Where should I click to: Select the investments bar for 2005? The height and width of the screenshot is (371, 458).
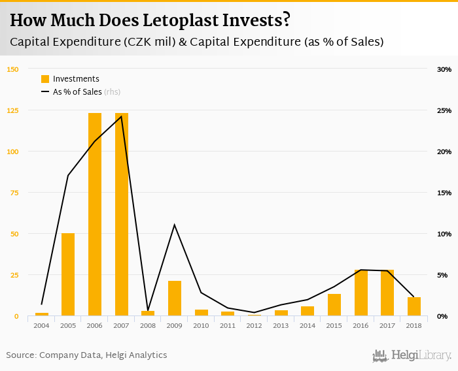click(x=68, y=274)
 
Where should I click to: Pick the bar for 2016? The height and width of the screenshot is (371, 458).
click(x=361, y=293)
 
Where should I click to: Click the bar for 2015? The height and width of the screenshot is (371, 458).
click(x=334, y=305)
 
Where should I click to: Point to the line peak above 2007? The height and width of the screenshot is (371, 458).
click(x=122, y=116)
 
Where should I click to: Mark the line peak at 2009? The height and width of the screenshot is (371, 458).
click(x=175, y=225)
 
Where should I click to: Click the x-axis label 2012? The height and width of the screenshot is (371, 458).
click(x=255, y=325)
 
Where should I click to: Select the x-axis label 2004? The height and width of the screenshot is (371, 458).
click(x=42, y=325)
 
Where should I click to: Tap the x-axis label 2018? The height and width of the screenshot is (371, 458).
click(x=414, y=325)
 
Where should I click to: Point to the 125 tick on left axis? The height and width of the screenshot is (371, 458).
click(x=13, y=110)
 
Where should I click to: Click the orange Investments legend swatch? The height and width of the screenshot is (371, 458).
click(x=45, y=79)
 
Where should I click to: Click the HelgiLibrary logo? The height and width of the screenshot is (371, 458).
click(x=412, y=355)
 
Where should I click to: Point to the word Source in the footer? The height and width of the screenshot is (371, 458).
click(x=21, y=355)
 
